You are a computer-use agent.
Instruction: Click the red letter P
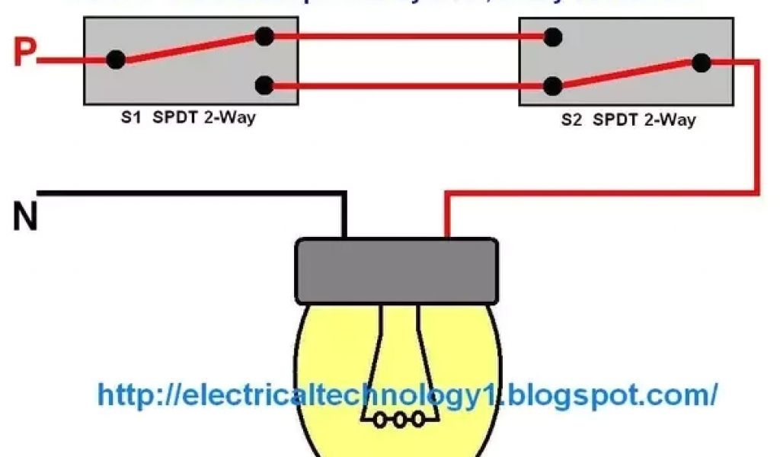pos(24,54)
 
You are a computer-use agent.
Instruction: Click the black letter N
pos(25,217)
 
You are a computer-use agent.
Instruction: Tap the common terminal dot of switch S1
pos(116,59)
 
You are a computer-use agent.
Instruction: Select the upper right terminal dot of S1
pos(264,35)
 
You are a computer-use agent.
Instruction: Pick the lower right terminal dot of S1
pos(264,85)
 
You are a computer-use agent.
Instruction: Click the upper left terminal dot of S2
pos(553,36)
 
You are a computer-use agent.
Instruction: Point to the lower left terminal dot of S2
pos(553,85)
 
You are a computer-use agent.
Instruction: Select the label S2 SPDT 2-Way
pos(628,120)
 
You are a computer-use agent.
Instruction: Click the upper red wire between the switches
pos(408,35)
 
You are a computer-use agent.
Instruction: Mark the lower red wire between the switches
pos(408,85)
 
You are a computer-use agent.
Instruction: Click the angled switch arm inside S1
pos(190,47)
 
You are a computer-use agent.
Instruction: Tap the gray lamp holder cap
pos(396,270)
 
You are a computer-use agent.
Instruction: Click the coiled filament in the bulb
pos(396,418)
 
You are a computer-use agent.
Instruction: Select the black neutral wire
pos(190,193)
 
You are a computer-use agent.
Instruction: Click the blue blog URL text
pos(408,395)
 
